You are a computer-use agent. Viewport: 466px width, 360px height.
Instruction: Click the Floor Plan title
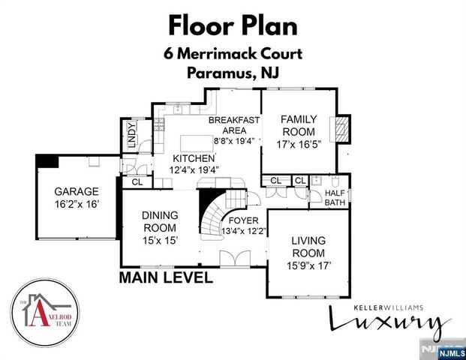(x=233, y=25)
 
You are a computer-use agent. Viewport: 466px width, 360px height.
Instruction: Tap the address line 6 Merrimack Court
(x=233, y=55)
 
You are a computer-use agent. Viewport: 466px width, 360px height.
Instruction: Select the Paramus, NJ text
(x=233, y=73)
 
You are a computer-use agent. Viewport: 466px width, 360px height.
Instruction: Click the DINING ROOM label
(x=159, y=221)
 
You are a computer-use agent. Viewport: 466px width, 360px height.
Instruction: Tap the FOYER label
(x=244, y=220)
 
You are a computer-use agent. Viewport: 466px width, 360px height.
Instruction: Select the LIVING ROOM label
(x=308, y=246)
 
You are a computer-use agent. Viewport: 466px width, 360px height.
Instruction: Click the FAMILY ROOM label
(x=299, y=125)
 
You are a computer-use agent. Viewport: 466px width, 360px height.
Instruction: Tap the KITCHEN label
(x=194, y=159)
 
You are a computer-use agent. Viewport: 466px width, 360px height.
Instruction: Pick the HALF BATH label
(x=335, y=197)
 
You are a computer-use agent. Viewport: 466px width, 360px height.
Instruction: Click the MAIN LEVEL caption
(x=166, y=278)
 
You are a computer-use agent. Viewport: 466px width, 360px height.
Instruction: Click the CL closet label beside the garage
(x=137, y=182)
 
